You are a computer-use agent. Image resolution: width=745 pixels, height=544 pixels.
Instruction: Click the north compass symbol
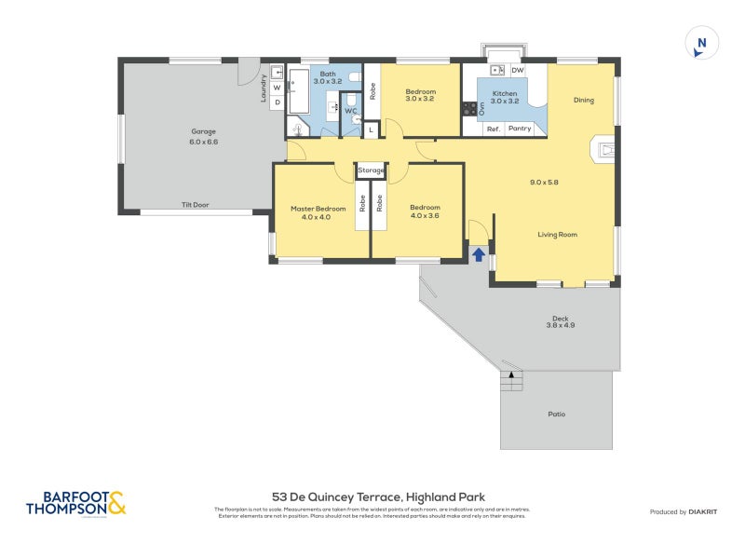[x=701, y=44]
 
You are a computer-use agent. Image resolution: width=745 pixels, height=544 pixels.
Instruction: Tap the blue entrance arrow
[x=478, y=253]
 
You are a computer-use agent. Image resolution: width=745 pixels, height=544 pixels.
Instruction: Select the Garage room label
[x=204, y=131]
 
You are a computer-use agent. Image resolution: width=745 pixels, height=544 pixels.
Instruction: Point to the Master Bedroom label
[x=318, y=208]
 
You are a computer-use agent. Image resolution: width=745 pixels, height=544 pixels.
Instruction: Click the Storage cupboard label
[x=371, y=170]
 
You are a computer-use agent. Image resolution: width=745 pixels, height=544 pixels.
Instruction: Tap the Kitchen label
[x=504, y=94]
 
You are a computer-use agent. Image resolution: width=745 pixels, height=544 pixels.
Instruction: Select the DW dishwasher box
[x=517, y=71]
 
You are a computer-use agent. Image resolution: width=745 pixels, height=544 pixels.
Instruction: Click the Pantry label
[x=520, y=129]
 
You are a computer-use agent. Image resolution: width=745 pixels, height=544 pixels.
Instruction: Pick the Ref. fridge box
[x=494, y=129]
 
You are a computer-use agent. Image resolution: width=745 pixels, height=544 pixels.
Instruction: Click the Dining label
[x=583, y=101]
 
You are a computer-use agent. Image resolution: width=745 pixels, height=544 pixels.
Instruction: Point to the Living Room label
[x=557, y=235]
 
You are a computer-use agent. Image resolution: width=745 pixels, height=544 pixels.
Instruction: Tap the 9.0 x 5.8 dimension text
[x=544, y=182]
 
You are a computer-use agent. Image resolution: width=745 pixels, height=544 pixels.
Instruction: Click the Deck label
[x=560, y=319]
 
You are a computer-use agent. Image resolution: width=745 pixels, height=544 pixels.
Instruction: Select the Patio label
[x=556, y=414]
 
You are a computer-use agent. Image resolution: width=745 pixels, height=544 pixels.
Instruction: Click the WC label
[x=350, y=111]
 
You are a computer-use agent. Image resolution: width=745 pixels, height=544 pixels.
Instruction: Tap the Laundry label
[x=264, y=89]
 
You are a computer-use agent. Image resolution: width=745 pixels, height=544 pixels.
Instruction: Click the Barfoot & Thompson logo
[x=75, y=503]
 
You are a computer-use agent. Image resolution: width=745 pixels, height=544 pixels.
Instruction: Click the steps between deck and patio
[x=510, y=381]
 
